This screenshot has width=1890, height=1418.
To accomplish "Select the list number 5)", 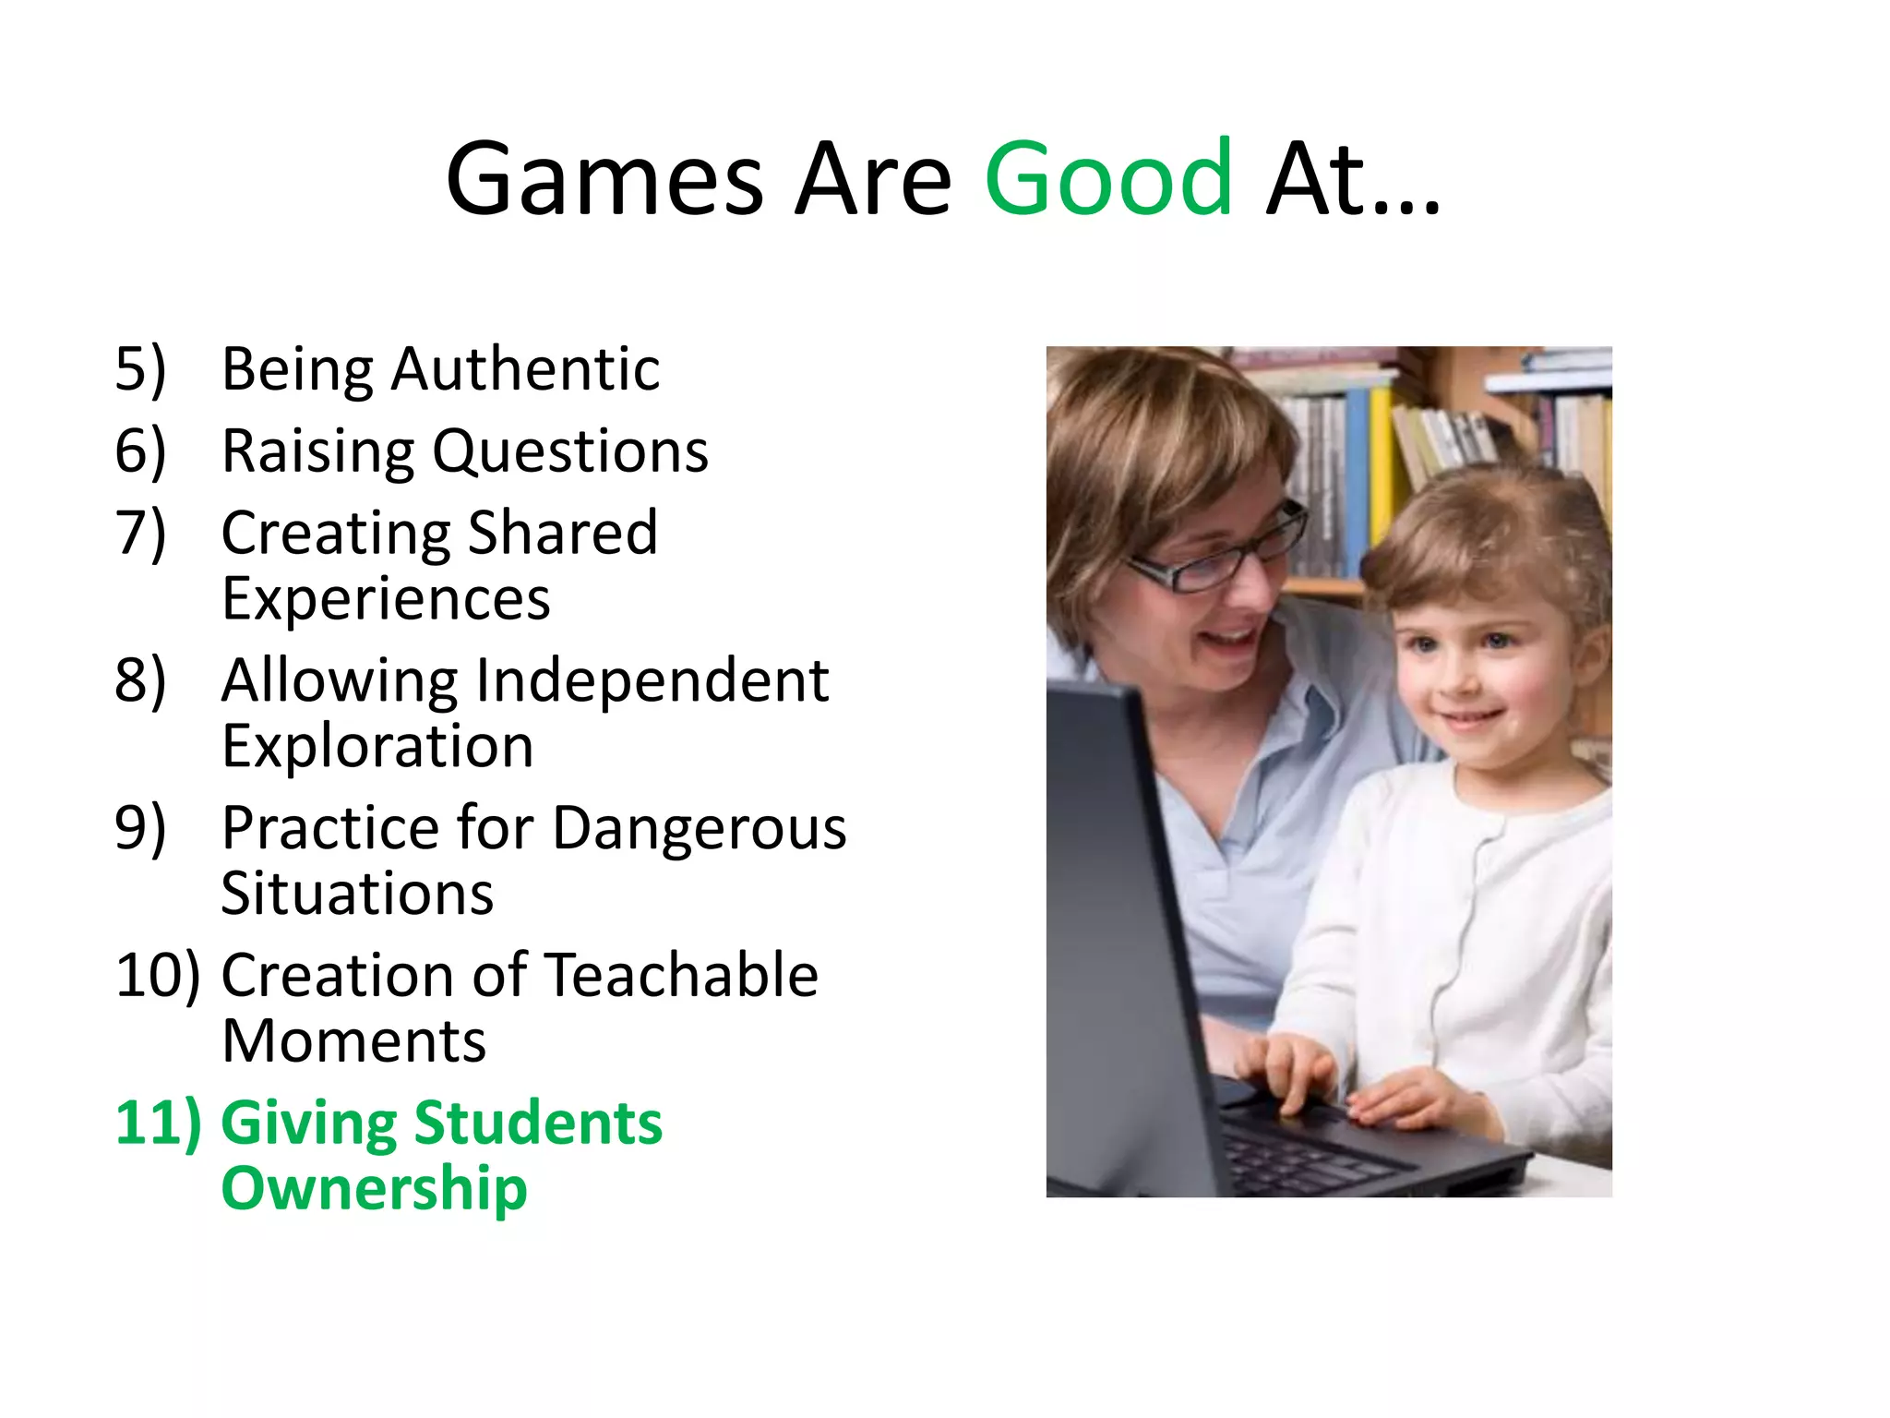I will (x=140, y=369).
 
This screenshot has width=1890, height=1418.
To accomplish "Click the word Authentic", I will (x=525, y=369).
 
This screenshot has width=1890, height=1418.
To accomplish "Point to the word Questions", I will (x=570, y=452).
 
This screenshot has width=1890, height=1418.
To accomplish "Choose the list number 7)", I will (x=140, y=534).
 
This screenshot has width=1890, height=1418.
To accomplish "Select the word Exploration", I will (x=377, y=747).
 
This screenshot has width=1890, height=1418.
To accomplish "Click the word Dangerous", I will (x=700, y=828).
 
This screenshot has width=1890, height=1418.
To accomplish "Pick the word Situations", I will (x=357, y=894).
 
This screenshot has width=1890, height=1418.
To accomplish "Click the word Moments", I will (x=353, y=1041).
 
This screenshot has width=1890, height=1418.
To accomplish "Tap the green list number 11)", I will (x=158, y=1124).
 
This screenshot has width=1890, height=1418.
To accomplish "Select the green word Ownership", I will (x=374, y=1189).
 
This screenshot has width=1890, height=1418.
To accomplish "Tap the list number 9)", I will (x=140, y=828).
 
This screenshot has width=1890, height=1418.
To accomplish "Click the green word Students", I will (x=538, y=1124).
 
